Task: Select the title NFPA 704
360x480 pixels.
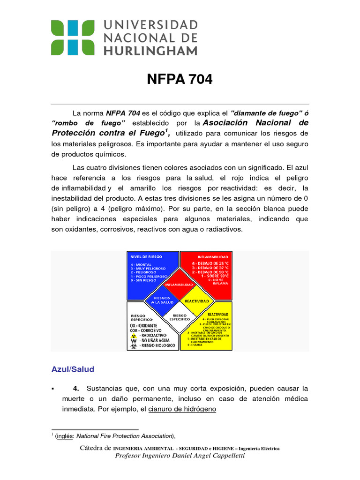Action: click(x=180, y=80)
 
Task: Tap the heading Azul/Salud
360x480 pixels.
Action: click(x=73, y=369)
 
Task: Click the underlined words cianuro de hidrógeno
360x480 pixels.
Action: click(x=182, y=409)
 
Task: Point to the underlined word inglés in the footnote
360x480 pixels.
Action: click(x=64, y=436)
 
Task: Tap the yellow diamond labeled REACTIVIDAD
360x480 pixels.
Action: click(x=196, y=300)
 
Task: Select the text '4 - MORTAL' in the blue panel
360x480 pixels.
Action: click(x=141, y=264)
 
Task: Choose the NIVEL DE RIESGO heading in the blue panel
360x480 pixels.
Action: click(x=146, y=256)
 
